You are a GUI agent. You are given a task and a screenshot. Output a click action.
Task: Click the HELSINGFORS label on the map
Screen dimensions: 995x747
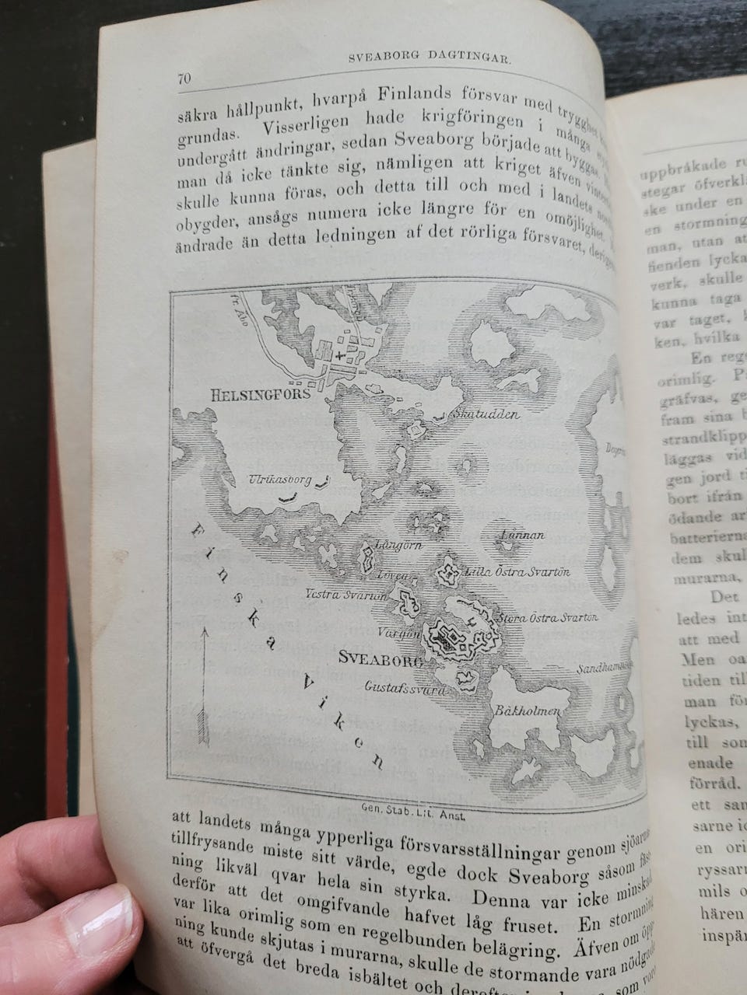[261, 395]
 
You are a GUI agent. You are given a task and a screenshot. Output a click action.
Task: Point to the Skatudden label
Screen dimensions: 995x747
[488, 414]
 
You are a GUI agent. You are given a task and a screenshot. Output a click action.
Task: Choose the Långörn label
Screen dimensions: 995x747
[398, 545]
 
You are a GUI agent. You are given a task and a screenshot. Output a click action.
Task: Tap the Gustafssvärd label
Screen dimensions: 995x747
[405, 688]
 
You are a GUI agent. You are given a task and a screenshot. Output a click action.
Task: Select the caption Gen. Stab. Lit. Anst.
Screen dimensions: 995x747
[413, 807]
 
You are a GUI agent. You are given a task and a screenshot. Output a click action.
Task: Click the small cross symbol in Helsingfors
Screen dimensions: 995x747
[340, 354]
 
